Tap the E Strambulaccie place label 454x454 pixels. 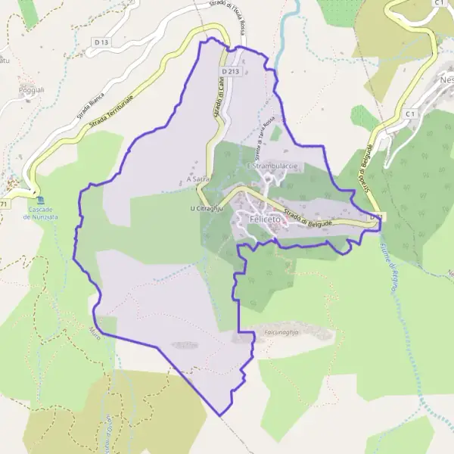272,166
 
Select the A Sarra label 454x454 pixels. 197,179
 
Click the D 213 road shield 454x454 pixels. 231,71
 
